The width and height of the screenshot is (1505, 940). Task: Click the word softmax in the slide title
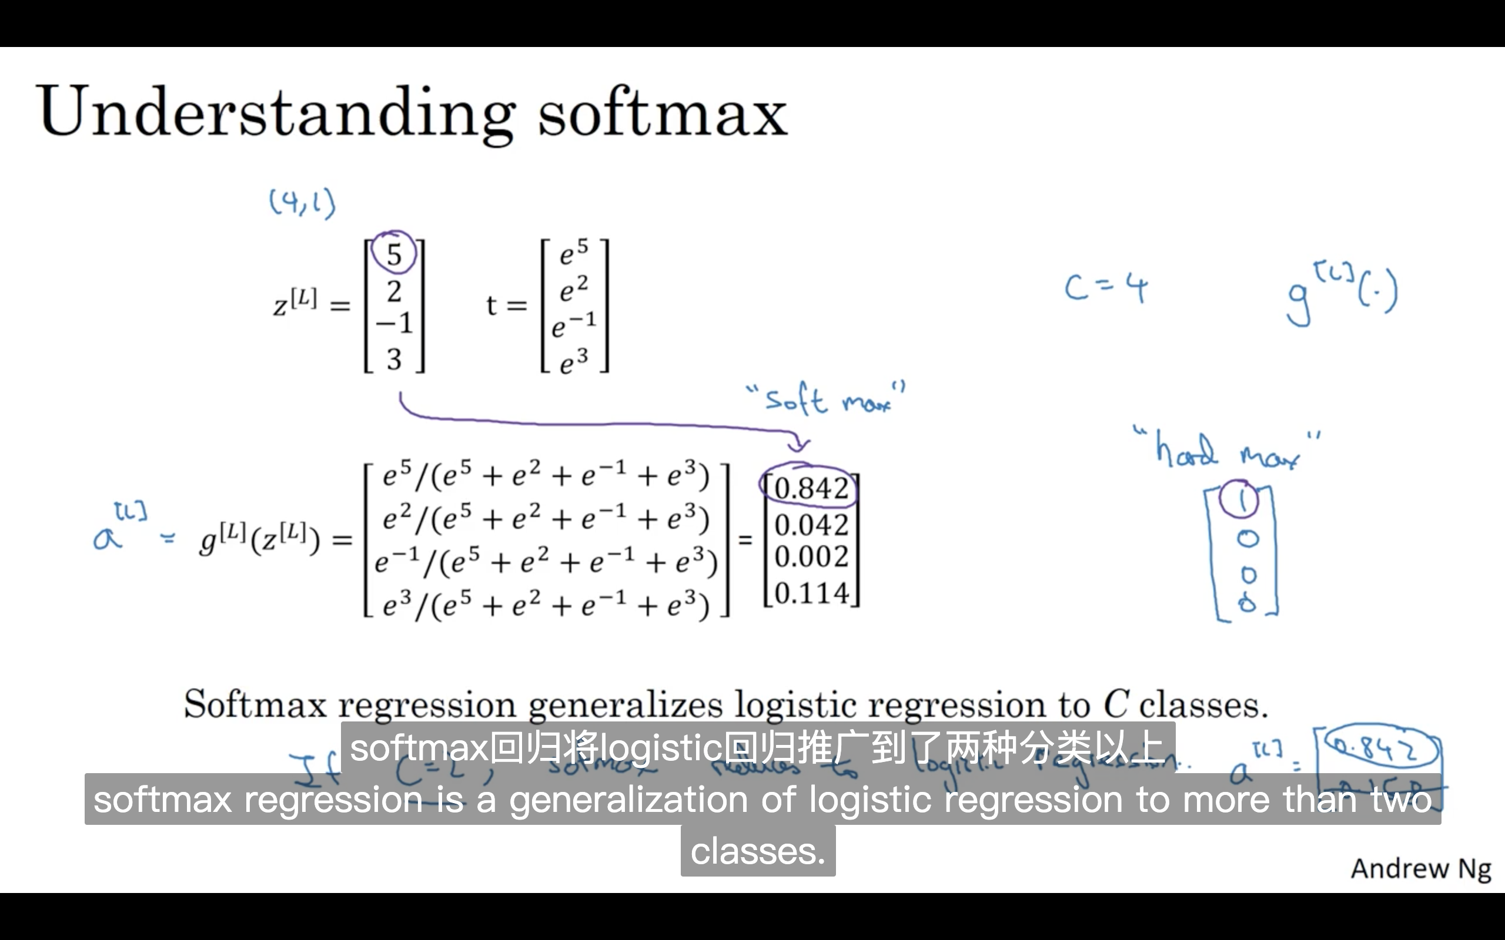663,112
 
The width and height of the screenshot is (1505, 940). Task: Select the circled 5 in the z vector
394,254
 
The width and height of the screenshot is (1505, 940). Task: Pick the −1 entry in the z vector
394,323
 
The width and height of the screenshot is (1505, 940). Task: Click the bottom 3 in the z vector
394,360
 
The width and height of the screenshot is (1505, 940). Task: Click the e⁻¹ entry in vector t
573,324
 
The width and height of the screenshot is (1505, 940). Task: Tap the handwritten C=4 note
1106,288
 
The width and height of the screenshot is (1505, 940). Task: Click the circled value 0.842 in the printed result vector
810,488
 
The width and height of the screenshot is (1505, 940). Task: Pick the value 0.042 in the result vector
811,525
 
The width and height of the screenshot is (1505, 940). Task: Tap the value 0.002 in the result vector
811,557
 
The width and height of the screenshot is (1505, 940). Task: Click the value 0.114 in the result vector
811,594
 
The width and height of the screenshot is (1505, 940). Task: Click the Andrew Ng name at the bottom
1421,868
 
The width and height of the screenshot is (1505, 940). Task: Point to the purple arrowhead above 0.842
798,445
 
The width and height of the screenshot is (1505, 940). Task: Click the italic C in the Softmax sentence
1116,705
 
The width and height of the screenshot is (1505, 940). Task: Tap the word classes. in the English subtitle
757,851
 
